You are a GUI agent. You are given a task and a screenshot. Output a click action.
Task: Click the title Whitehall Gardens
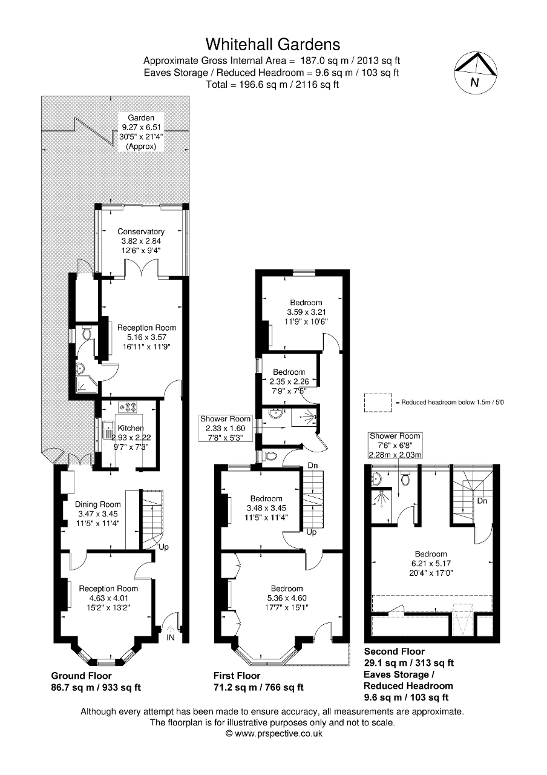coord(273,44)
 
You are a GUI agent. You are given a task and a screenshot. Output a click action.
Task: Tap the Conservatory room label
coord(141,231)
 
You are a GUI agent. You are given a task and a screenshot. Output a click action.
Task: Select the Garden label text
coord(141,117)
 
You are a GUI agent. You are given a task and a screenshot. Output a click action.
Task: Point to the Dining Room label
coord(97,504)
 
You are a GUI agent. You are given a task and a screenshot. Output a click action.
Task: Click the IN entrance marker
coord(171,638)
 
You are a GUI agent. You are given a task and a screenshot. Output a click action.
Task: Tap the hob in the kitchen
coord(129,406)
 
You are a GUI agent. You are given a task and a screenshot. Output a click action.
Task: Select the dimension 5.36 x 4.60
coord(287,598)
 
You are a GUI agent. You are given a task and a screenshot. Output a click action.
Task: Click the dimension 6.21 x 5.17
coord(431,563)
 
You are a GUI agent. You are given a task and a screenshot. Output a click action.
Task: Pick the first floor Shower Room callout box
coord(226,428)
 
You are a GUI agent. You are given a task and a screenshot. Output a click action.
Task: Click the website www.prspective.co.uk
coord(273,733)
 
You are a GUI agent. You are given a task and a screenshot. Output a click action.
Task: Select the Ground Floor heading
coord(81,676)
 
